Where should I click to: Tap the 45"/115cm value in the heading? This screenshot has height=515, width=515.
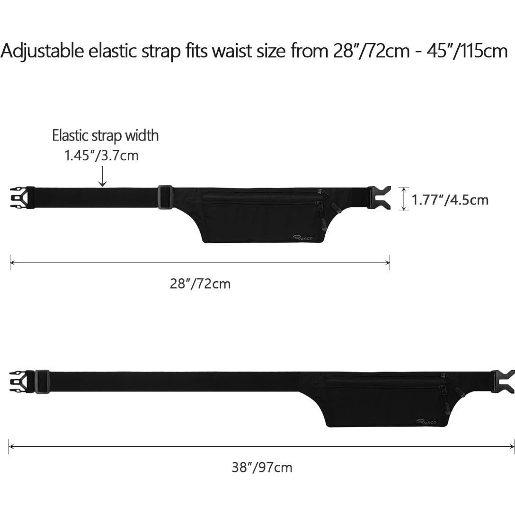467,51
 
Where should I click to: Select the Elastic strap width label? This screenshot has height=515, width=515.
106,135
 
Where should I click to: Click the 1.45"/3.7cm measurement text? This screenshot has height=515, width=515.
101,155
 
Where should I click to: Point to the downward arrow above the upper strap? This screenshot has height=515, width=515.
103,177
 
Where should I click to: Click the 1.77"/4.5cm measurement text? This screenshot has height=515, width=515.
450,200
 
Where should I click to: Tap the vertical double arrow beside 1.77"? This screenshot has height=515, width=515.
404,199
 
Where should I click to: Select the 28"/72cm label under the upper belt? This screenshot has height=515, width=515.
200,284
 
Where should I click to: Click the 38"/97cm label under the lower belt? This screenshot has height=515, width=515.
262,467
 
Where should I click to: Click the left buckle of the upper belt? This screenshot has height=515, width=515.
22,198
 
